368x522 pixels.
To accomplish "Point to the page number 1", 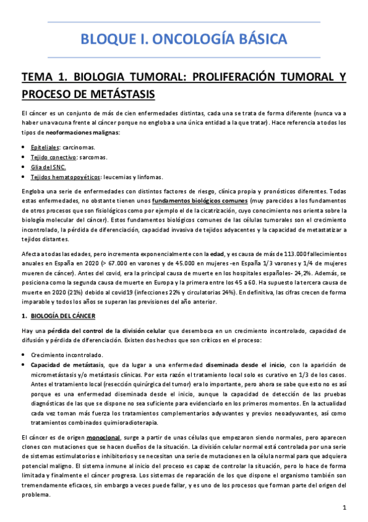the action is pos(345,508).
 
